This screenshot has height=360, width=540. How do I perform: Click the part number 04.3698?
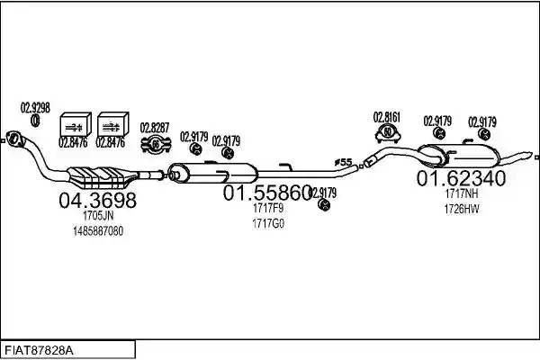point(98,200)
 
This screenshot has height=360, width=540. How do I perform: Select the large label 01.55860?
point(267,193)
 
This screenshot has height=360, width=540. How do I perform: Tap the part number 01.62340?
point(462,178)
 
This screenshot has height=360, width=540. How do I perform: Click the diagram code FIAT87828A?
point(39,351)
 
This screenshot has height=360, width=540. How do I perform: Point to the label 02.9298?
point(35,108)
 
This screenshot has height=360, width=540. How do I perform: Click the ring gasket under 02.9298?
point(35,121)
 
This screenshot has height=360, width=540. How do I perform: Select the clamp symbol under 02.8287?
point(156,145)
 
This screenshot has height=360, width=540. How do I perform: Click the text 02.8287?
point(155,128)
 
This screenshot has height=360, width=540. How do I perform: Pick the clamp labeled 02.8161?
point(388,134)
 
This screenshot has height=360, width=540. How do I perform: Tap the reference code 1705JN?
point(98,216)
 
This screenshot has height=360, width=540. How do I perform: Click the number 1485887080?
point(98,231)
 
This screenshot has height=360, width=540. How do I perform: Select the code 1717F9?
point(268,208)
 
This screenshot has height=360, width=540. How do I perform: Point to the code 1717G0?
point(268,223)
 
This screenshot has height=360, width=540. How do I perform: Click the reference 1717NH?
point(462,193)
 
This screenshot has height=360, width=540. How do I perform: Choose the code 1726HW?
point(462,209)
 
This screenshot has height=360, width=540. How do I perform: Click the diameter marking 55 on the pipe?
point(344,162)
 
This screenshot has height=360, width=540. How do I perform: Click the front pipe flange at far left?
point(13,139)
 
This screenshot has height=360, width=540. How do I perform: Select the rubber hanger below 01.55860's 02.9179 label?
point(324,205)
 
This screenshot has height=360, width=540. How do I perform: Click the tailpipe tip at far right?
point(530,154)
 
